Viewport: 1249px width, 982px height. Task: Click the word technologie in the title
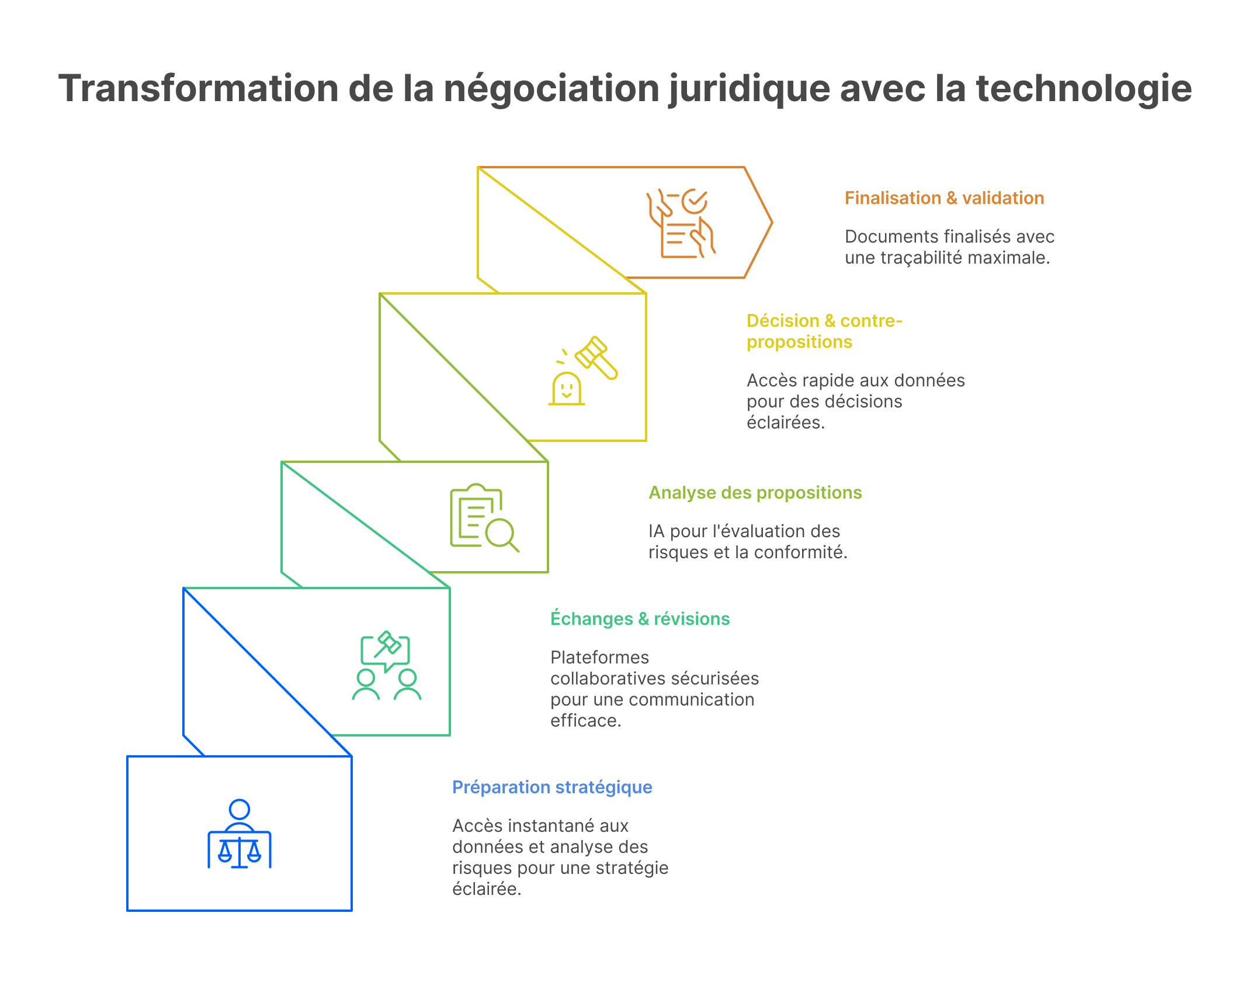tap(1084, 89)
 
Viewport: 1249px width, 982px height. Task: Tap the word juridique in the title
tap(748, 89)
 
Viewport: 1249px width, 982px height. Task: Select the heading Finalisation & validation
tap(944, 198)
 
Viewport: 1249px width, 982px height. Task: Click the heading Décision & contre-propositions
tap(824, 331)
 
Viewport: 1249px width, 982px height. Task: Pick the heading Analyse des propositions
tap(755, 493)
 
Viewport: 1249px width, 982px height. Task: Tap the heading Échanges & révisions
tap(640, 618)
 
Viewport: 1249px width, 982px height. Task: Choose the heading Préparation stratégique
tap(552, 787)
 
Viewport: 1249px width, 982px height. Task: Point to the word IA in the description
tap(656, 531)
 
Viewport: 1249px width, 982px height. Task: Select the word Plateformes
tap(599, 658)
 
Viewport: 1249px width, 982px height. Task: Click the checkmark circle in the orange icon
tap(695, 202)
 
